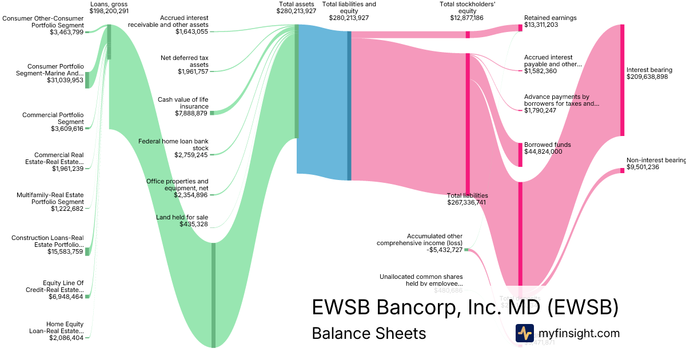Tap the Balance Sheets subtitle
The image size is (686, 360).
click(x=369, y=333)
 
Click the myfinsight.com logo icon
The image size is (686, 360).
click(x=524, y=333)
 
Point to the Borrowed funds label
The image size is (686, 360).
click(x=547, y=145)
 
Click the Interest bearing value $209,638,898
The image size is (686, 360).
click(x=647, y=77)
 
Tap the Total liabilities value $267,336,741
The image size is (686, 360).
click(x=466, y=202)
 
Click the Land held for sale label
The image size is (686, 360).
click(x=182, y=217)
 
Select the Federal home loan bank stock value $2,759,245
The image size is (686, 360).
click(x=192, y=155)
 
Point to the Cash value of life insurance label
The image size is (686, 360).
click(x=183, y=103)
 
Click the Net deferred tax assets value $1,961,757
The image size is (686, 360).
click(x=193, y=71)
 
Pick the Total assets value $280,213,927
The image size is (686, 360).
click(x=296, y=11)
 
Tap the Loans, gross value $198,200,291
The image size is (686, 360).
click(x=109, y=11)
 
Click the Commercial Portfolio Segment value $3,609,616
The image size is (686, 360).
click(x=67, y=129)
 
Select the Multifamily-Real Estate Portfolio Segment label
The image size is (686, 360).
click(x=50, y=198)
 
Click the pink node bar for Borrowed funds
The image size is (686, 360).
click(x=520, y=154)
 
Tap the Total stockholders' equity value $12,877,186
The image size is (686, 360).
click(x=466, y=18)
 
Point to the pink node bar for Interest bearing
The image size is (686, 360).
click(x=622, y=80)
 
